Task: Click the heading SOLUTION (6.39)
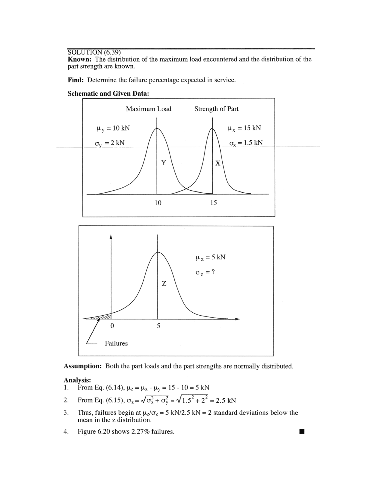[94, 53]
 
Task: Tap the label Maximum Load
[149, 109]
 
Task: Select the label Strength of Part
[216, 109]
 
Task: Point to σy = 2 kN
[110, 143]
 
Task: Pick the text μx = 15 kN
[244, 128]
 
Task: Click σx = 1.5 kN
[246, 143]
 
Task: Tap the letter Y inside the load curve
[163, 163]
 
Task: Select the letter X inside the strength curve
[218, 163]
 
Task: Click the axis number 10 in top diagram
[158, 203]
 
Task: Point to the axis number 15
[213, 203]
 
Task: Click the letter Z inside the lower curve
[164, 284]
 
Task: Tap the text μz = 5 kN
[210, 257]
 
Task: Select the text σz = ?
[205, 273]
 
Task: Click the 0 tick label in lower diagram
[112, 326]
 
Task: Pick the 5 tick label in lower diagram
[158, 326]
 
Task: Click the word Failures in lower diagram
[116, 343]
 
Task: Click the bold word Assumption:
[83, 366]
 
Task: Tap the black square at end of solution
[302, 431]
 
